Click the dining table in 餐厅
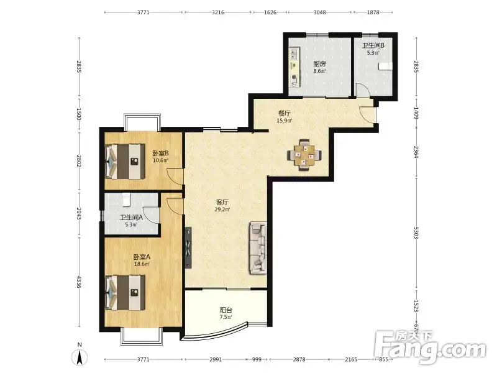coord(304,155)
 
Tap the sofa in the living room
coord(257,247)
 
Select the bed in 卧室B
coord(125,162)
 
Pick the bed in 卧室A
coord(125,293)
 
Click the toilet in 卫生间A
coord(126,198)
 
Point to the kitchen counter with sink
coord(294,67)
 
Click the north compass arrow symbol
coord(80,358)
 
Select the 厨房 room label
coord(319,64)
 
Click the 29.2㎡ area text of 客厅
coord(222,210)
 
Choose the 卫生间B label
coord(373,45)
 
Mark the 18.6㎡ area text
coord(142,264)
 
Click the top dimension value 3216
coord(218,12)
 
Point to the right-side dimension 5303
coord(416,233)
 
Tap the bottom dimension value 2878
coord(299,359)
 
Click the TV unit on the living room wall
coord(188,247)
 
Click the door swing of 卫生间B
coord(363,90)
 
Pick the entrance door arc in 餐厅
coord(367,114)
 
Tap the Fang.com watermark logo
coord(429,348)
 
